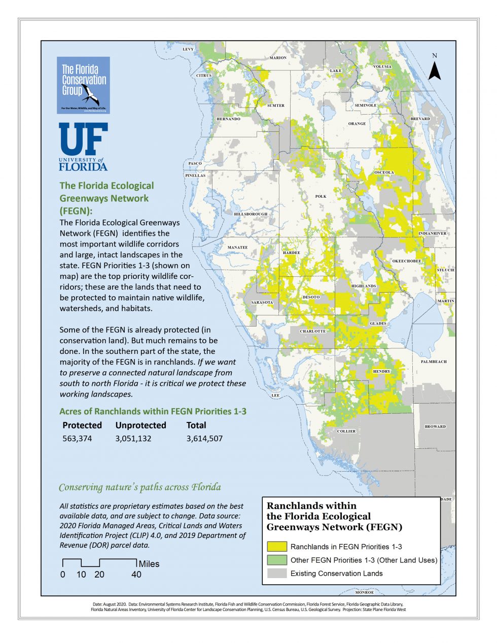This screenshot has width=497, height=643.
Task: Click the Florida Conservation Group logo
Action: pyautogui.click(x=83, y=85)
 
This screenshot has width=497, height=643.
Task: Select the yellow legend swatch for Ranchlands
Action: pyautogui.click(x=277, y=547)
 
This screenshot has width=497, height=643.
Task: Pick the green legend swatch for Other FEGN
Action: pyautogui.click(x=277, y=560)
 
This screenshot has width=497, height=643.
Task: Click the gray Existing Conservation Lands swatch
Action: pyautogui.click(x=277, y=574)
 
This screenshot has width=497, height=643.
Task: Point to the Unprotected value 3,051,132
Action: pyautogui.click(x=133, y=439)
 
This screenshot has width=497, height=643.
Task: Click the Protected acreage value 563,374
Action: pyautogui.click(x=77, y=439)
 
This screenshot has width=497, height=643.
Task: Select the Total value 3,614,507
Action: pyautogui.click(x=204, y=439)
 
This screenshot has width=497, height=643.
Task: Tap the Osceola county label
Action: pyautogui.click(x=384, y=172)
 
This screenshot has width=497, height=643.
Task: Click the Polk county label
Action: pyautogui.click(x=321, y=196)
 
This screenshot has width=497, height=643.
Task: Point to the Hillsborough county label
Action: pyautogui.click(x=251, y=214)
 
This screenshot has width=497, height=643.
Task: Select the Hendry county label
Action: pyautogui.click(x=382, y=371)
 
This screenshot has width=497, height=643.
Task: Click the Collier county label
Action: pyautogui.click(x=346, y=431)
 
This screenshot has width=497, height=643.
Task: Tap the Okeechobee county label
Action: pyautogui.click(x=407, y=261)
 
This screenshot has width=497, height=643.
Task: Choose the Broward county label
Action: pyautogui.click(x=435, y=426)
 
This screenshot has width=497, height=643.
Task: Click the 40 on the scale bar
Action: pyautogui.click(x=136, y=575)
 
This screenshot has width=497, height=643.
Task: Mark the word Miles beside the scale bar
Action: pyautogui.click(x=149, y=564)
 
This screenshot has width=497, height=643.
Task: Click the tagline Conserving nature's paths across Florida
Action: pyautogui.click(x=140, y=487)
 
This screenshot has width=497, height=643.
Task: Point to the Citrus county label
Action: pyautogui.click(x=204, y=76)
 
